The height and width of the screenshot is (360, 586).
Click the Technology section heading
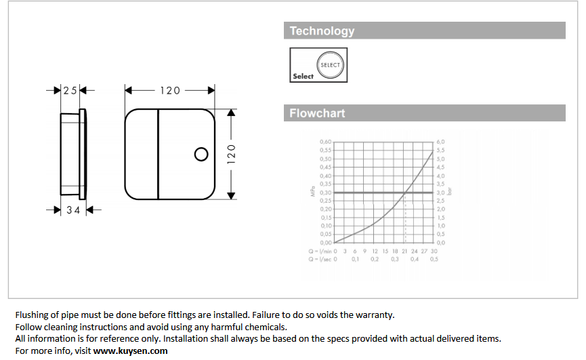click(322, 31)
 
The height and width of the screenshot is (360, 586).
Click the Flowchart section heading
click(317, 113)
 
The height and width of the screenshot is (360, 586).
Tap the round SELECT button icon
click(330, 65)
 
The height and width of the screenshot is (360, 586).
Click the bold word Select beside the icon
click(303, 77)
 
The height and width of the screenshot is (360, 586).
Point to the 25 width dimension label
click(70, 90)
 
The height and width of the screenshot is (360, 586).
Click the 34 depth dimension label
click(73, 210)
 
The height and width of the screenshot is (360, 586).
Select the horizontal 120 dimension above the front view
click(170, 90)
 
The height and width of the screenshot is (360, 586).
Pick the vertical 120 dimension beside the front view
click(230, 154)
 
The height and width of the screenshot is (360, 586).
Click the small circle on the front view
click(201, 154)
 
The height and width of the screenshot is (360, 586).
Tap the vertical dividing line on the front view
click(159, 154)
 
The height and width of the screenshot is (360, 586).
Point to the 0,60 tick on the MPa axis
click(325, 142)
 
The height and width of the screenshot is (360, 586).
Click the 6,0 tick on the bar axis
click(441, 142)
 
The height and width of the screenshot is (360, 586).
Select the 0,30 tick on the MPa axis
click(325, 193)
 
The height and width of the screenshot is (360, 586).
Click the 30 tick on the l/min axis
click(434, 251)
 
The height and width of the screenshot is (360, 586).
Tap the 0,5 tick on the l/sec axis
click(434, 259)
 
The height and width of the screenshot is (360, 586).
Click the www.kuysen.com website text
click(130, 351)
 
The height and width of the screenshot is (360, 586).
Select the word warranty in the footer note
click(377, 315)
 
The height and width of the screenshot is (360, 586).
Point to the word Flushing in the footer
click(33, 315)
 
